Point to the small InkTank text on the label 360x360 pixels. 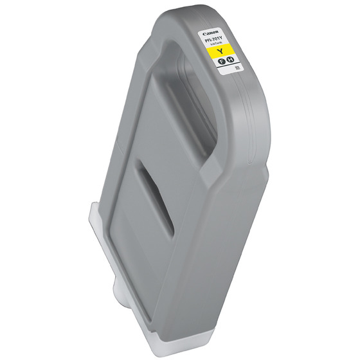[215, 43]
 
